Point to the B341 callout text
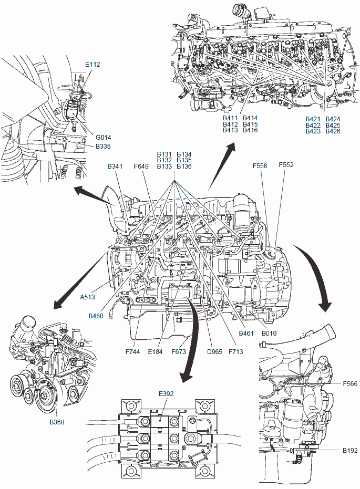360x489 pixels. click(115, 167)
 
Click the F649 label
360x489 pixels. click(141, 167)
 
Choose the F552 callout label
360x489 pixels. click(286, 164)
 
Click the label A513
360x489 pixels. click(88, 297)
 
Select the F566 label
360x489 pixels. click(350, 384)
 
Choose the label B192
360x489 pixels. click(350, 450)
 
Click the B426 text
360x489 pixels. click(333, 131)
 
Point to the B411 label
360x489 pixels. click(231, 118)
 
